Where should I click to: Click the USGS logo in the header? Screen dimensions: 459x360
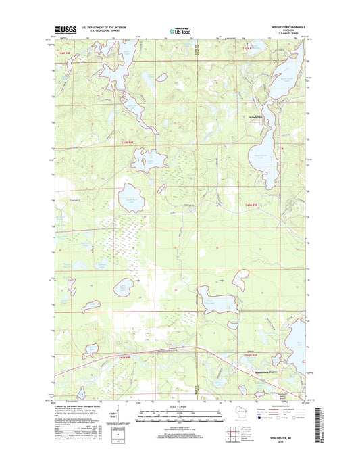[62, 30]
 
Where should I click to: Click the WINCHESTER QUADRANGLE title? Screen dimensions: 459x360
[286, 28]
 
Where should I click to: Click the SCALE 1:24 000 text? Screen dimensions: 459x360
[180, 406]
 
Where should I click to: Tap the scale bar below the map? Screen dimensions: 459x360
[180, 416]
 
